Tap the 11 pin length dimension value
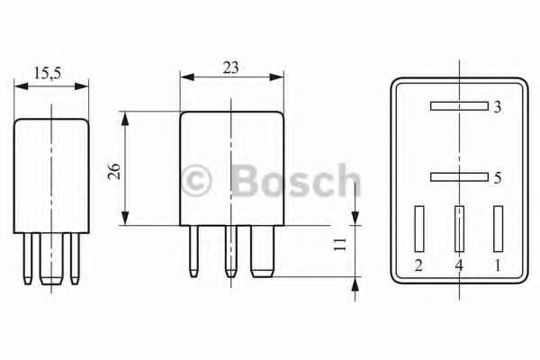click(340, 244)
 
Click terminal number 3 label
click(497, 107)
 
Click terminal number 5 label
click(497, 178)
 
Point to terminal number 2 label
click(418, 265)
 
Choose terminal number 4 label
click(458, 265)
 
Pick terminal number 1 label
click(498, 265)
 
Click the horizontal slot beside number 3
click(458, 106)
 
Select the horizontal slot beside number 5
click(458, 177)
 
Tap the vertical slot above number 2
click(418, 229)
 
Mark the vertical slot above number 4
click(459, 229)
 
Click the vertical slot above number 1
click(498, 229)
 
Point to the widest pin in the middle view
click(262, 250)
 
